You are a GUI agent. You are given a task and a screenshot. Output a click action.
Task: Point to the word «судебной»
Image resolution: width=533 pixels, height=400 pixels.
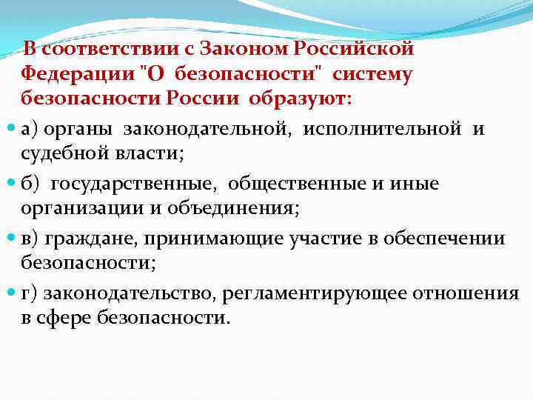pyautogui.click(x=64, y=153)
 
